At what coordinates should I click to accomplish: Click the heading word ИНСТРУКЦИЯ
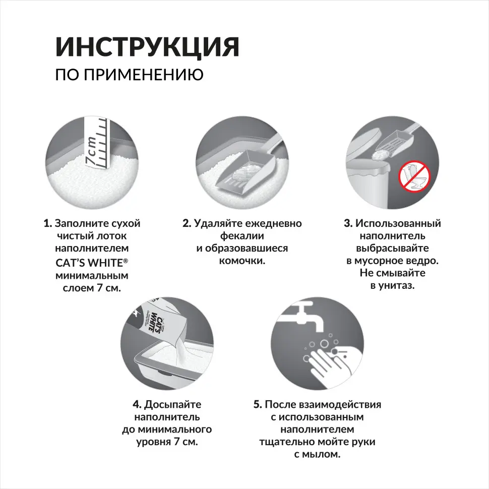(x=147, y=47)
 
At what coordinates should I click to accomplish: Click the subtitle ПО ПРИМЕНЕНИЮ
(x=129, y=75)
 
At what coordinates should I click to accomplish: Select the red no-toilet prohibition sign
(x=412, y=176)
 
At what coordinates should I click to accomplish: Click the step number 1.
(x=47, y=223)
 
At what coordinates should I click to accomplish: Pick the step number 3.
(x=347, y=223)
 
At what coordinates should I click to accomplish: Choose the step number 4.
(x=137, y=404)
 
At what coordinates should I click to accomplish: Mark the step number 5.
(x=258, y=404)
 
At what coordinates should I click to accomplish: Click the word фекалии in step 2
(x=242, y=236)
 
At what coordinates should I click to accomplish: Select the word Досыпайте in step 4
(x=173, y=404)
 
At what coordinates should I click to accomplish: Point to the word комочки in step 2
(x=242, y=261)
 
